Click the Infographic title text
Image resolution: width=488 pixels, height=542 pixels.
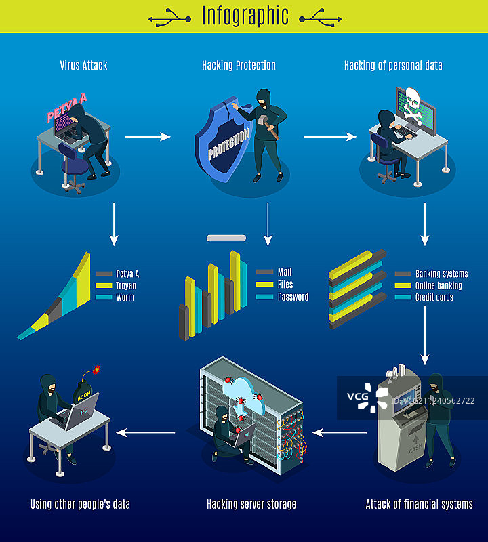245,16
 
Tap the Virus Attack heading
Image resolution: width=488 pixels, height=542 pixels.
83,65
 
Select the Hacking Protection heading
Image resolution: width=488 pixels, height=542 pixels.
239,65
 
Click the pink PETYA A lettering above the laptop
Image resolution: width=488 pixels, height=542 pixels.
66,107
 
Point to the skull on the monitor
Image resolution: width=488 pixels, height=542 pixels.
413,106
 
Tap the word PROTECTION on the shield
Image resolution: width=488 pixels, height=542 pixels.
228,144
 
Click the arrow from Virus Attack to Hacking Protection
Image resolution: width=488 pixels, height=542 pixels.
148,137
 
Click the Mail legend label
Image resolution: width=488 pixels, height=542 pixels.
285,272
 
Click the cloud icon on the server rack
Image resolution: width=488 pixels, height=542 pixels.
243,394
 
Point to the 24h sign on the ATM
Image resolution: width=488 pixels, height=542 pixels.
396,373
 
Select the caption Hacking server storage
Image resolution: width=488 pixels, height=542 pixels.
251,504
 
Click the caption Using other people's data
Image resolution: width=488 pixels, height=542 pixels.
80,504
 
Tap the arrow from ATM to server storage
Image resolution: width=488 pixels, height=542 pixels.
340,432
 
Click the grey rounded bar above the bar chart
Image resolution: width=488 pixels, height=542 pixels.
226,238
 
